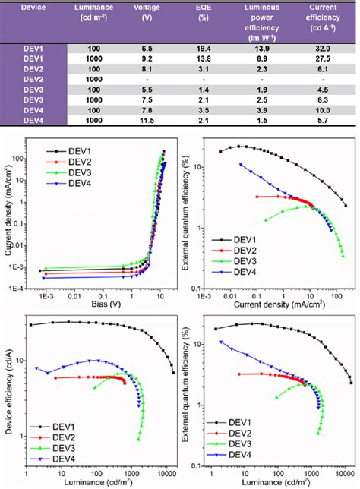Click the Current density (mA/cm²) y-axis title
click(x=8, y=214)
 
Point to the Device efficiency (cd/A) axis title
click(x=8, y=387)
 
